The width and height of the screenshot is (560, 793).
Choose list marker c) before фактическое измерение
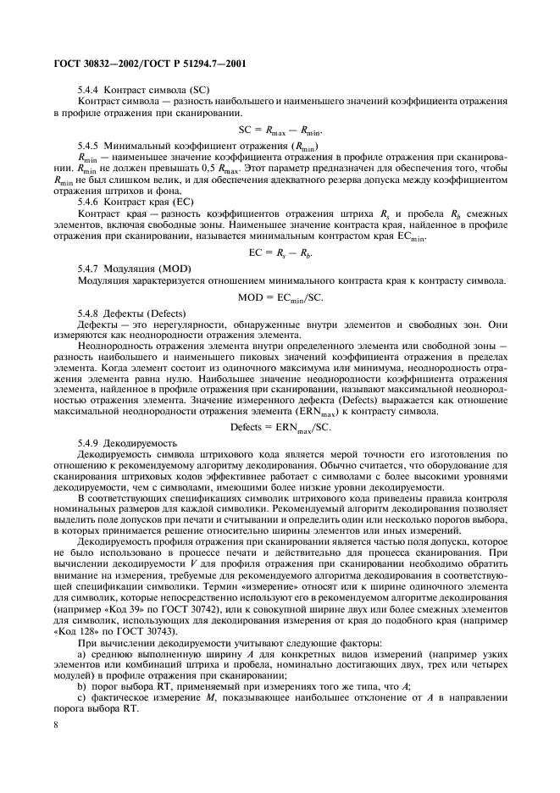point(81,699)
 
